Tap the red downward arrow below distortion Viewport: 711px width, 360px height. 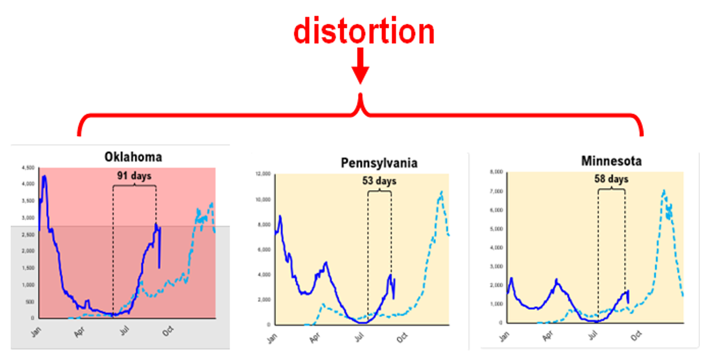pos(360,67)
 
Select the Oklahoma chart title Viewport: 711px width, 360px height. pos(133,156)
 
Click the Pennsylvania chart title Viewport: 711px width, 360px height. pos(379,163)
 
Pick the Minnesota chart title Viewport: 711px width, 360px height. pos(611,161)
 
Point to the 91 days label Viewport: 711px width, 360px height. pos(134,175)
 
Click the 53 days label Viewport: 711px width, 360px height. pos(379,181)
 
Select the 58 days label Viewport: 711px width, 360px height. pos(611,179)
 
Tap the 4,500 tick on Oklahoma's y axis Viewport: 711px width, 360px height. pos(28,168)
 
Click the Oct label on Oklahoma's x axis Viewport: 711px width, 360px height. pos(167,332)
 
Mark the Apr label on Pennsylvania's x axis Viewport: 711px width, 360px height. pos(314,339)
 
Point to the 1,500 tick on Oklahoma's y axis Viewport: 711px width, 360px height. pos(28,268)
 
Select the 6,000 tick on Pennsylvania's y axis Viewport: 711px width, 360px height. pos(263,249)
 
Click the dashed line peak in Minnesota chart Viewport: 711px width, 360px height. pos(664,191)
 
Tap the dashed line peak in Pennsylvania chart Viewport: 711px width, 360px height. pos(442,192)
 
